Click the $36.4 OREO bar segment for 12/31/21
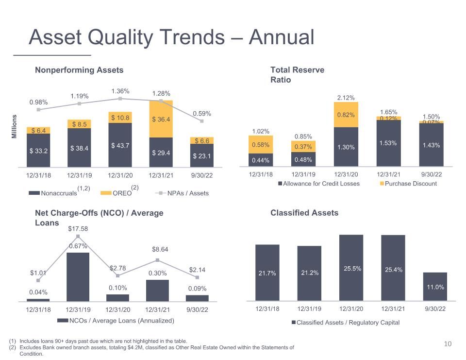click(x=161, y=119)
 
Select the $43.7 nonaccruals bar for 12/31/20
click(x=120, y=145)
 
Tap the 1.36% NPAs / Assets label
click(x=120, y=91)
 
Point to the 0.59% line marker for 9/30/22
click(x=202, y=121)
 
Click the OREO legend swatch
click(x=106, y=193)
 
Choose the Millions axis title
click(x=14, y=126)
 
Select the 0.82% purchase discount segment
click(x=346, y=115)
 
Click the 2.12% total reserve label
click(x=346, y=98)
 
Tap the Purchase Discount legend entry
click(x=408, y=184)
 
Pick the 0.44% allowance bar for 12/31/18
click(x=261, y=160)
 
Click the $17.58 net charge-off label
click(x=78, y=228)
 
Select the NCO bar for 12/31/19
click(x=78, y=277)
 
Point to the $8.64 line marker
click(x=157, y=260)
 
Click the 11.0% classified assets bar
click(x=435, y=287)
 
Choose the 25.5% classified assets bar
click(x=351, y=268)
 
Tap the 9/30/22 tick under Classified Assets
click(x=435, y=309)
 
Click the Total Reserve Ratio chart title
click(x=297, y=75)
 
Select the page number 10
click(x=448, y=344)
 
